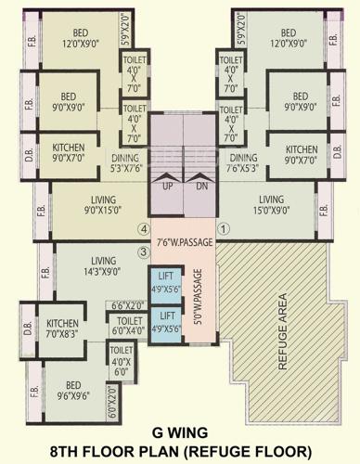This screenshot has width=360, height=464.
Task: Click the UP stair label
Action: (167, 186)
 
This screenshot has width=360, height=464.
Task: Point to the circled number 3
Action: (143, 251)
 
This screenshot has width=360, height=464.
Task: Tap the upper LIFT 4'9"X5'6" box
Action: (167, 282)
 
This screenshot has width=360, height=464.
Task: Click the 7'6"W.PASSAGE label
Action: (184, 243)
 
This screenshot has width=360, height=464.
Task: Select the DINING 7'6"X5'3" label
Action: (243, 161)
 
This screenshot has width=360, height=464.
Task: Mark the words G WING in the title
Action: (179, 432)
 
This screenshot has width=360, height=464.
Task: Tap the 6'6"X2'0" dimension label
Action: (129, 305)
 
